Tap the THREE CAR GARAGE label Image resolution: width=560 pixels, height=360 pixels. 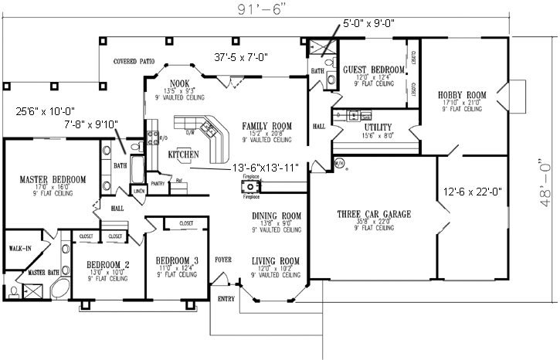[373, 214]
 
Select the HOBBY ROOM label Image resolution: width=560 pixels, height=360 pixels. [464, 94]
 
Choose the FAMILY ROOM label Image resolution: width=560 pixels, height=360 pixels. [266, 125]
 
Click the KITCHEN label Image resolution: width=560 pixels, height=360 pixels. [184, 155]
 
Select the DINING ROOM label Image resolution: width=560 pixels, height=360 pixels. [275, 216]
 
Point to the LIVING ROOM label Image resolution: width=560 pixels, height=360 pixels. [275, 261]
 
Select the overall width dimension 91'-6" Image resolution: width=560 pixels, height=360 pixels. [260, 9]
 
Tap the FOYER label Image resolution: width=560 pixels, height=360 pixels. [223, 260]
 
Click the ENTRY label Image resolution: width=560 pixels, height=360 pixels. [226, 297]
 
